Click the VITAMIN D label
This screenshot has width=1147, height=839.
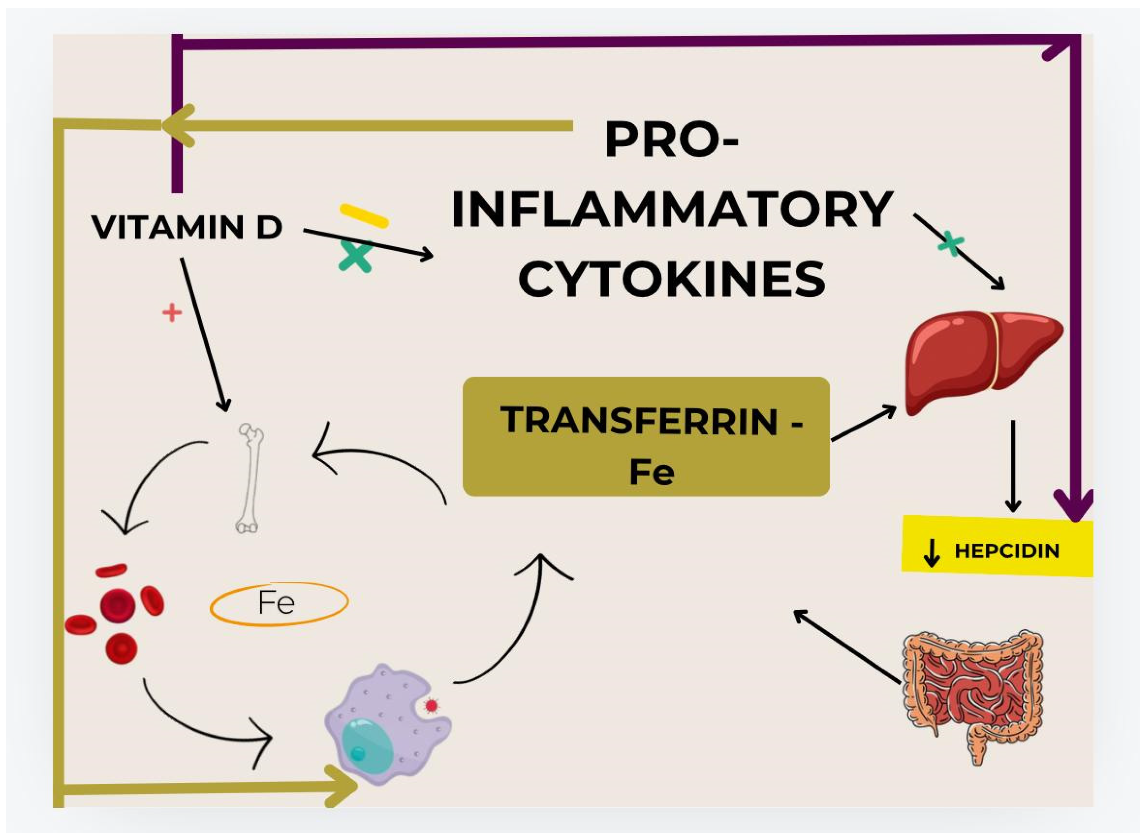point(187,227)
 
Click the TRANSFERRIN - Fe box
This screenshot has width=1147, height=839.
point(646,437)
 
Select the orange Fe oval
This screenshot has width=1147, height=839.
point(279,604)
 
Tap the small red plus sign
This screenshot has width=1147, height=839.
point(172,313)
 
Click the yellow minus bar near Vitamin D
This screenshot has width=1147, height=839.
point(364,215)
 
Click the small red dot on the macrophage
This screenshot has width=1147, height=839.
point(431,705)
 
